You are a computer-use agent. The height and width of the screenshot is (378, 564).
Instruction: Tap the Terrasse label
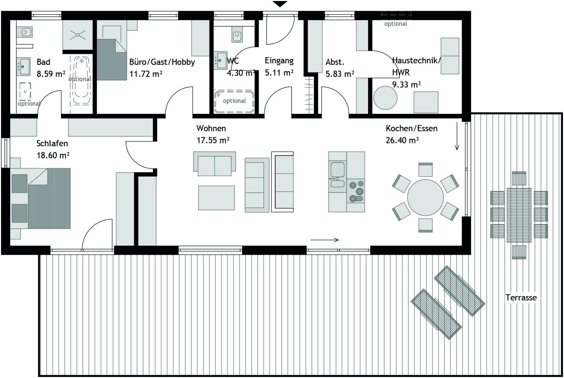521,298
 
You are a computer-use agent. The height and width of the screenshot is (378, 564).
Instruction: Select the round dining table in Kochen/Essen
425,198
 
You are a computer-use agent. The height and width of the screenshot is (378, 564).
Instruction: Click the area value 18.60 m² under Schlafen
53,155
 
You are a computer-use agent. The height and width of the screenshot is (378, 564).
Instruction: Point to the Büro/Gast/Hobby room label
162,62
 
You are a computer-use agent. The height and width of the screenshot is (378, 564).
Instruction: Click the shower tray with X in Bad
78,35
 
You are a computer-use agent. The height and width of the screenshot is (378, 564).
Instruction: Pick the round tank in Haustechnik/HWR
385,98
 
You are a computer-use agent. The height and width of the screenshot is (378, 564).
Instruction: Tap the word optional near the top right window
396,24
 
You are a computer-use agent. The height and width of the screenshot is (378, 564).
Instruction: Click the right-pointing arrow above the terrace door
325,240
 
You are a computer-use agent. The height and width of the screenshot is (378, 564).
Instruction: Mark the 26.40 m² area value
402,140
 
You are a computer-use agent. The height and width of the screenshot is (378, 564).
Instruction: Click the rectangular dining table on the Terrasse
519,215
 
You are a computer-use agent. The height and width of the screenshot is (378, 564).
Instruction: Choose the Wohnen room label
211,128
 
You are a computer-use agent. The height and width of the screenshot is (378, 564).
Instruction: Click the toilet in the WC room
237,36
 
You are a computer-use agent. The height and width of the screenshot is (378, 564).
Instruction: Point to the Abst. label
335,62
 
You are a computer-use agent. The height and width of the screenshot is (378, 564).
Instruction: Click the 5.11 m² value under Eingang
279,73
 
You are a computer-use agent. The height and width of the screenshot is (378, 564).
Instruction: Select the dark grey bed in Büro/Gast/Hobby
111,60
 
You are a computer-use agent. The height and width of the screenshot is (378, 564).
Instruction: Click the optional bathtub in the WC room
234,102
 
